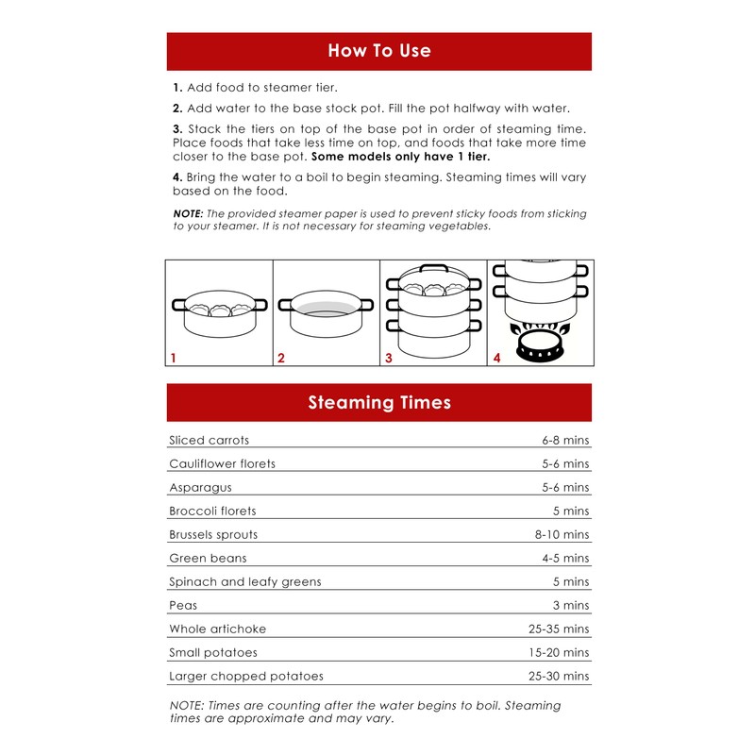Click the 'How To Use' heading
click(x=379, y=51)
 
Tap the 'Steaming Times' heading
click(x=379, y=403)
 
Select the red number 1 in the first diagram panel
click(x=174, y=358)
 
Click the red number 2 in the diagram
click(x=281, y=358)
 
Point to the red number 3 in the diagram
click(x=389, y=358)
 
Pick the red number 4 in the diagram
click(x=497, y=358)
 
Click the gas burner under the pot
click(x=540, y=343)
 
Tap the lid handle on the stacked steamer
click(x=434, y=268)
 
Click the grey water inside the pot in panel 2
click(x=326, y=309)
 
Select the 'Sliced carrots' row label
click(x=209, y=440)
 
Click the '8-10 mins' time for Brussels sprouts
click(x=562, y=534)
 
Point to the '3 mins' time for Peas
click(x=571, y=605)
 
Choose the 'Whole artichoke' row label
click(x=218, y=629)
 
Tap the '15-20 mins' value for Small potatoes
click(x=559, y=652)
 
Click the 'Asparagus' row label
click(x=200, y=488)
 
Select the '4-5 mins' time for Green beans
click(x=565, y=558)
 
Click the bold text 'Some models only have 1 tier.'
click(x=400, y=157)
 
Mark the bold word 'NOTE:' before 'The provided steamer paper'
click(x=188, y=213)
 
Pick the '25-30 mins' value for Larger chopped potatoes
click(x=559, y=676)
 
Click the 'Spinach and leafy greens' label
click(x=245, y=581)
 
